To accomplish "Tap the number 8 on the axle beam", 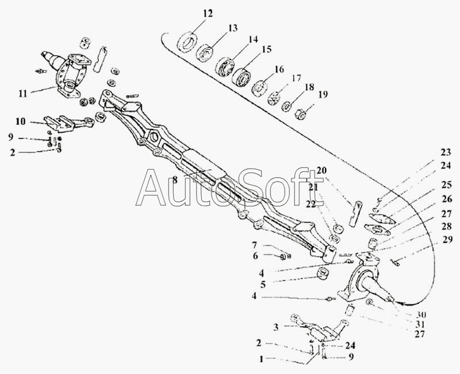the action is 175,180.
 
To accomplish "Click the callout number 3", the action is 276,327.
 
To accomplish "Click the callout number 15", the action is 266,50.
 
